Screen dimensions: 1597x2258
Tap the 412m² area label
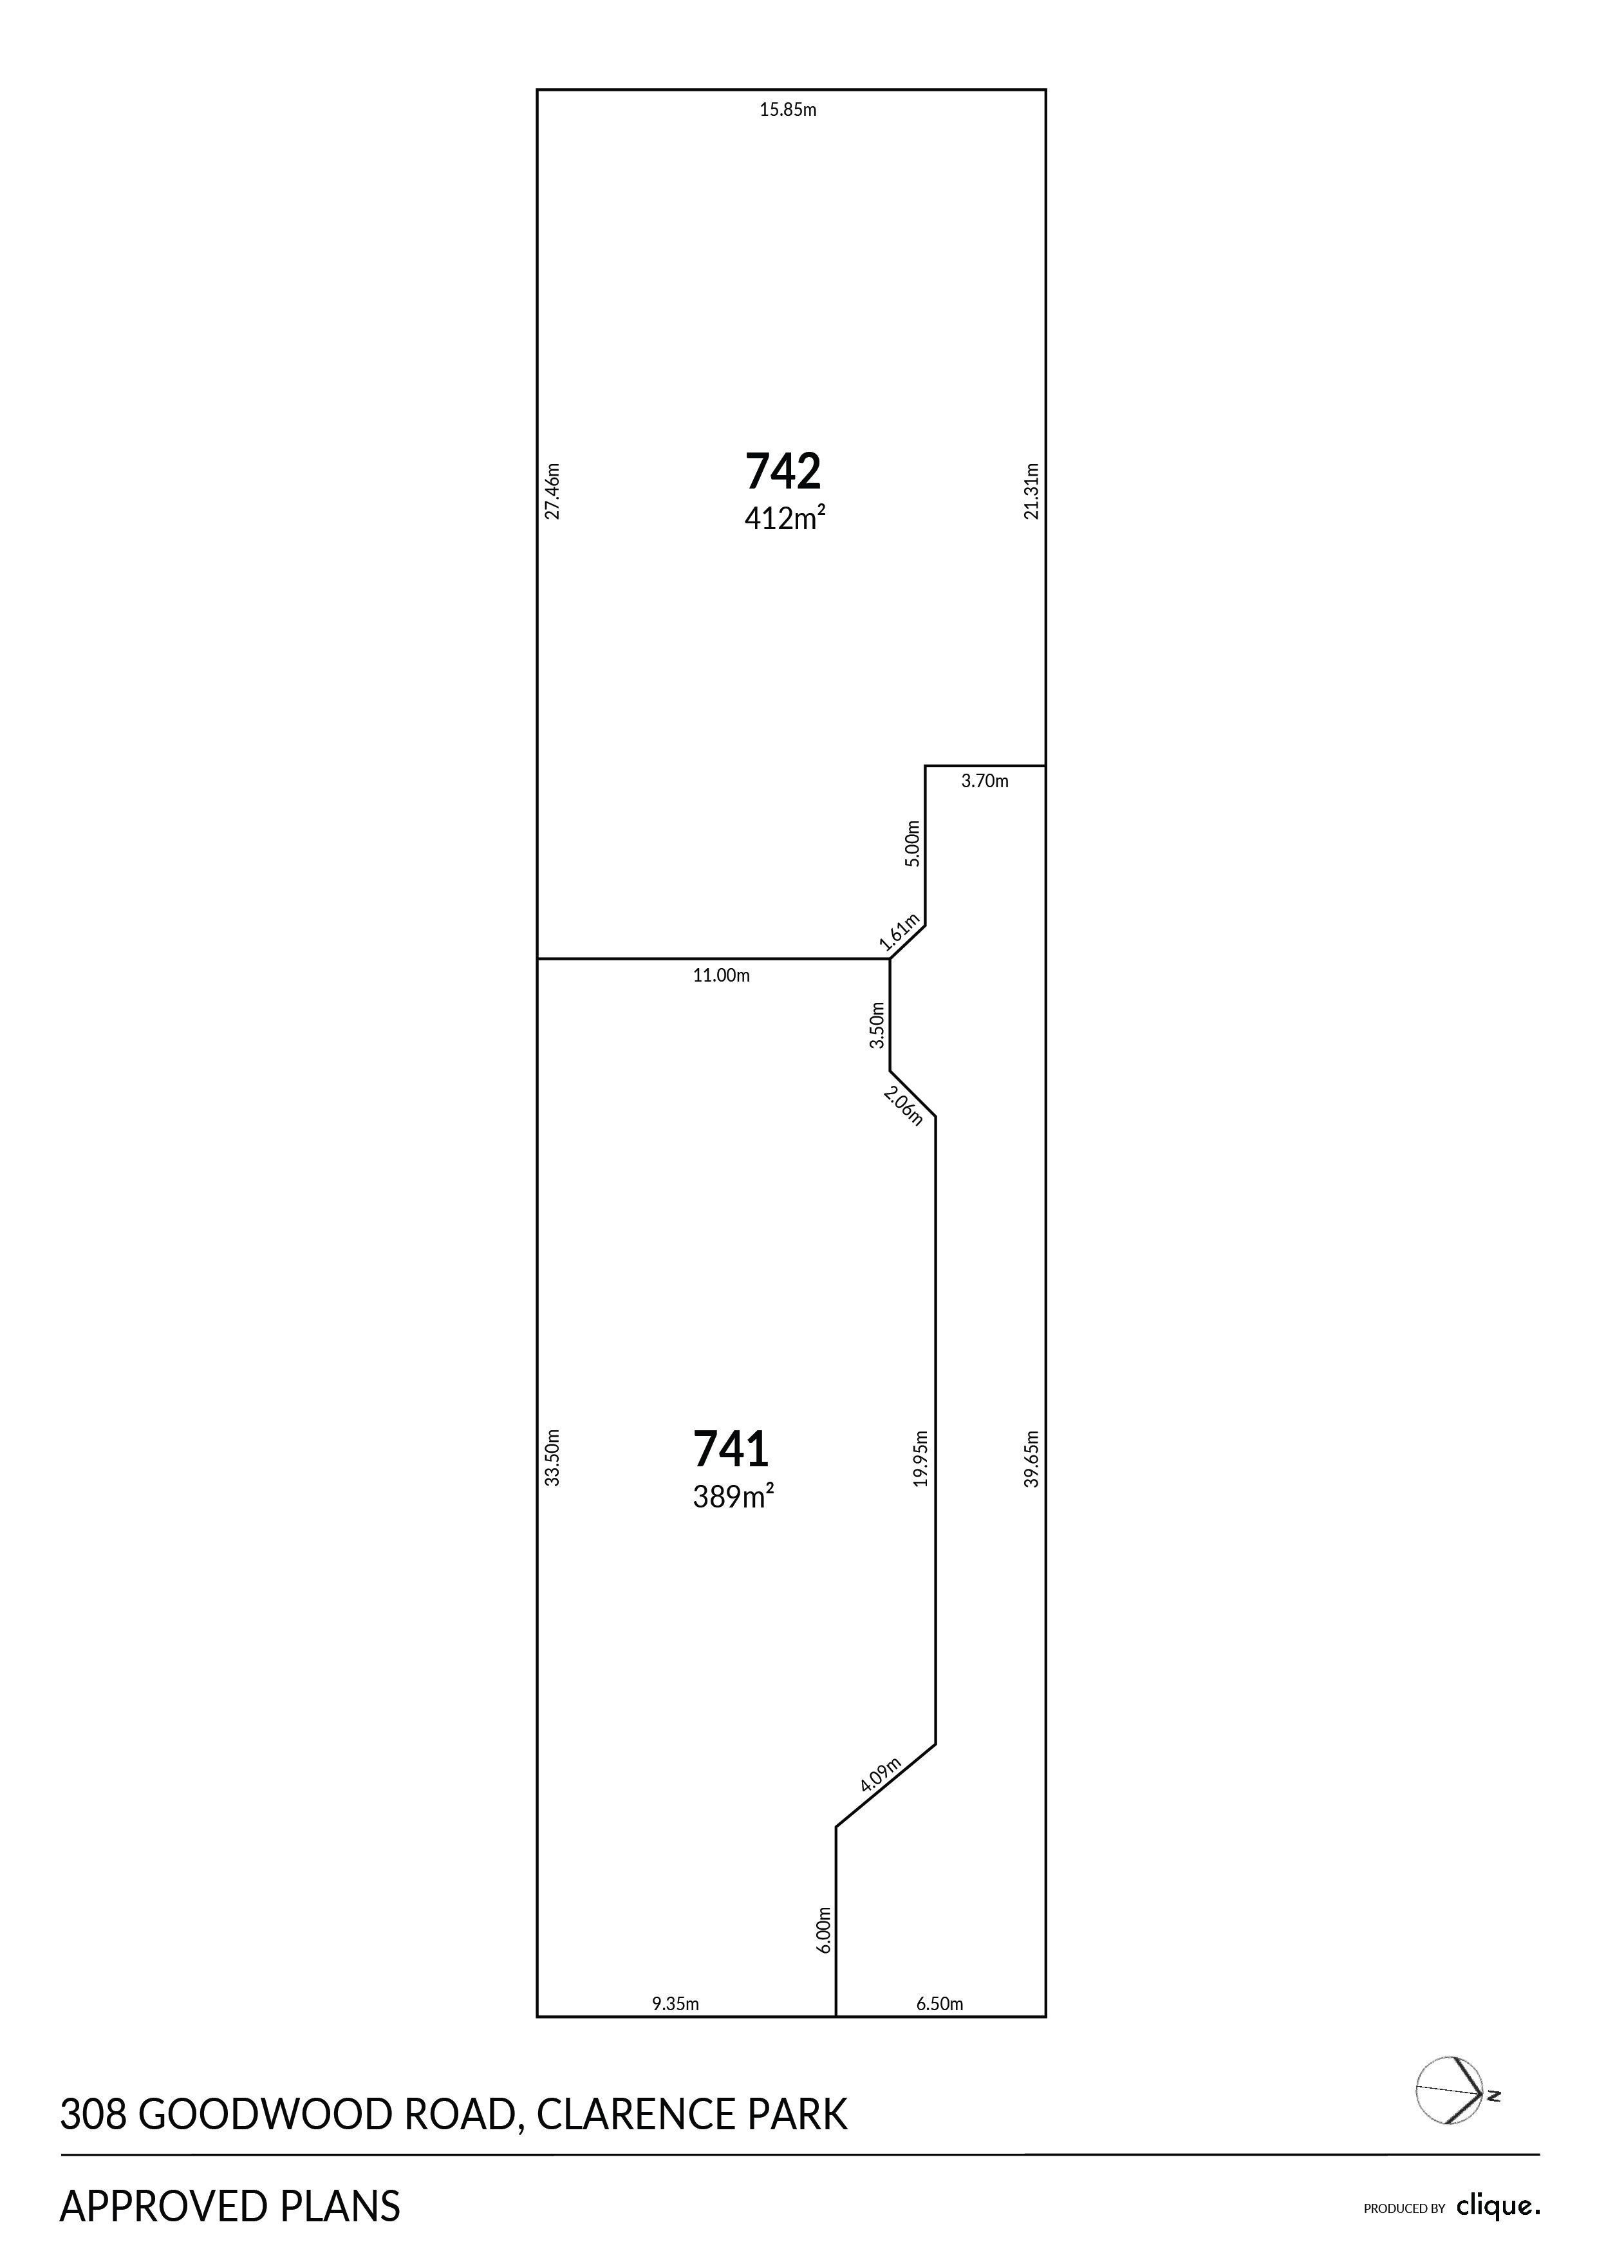point(784,518)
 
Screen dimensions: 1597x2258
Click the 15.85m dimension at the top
point(788,110)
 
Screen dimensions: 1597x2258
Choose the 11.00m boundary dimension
point(722,976)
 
